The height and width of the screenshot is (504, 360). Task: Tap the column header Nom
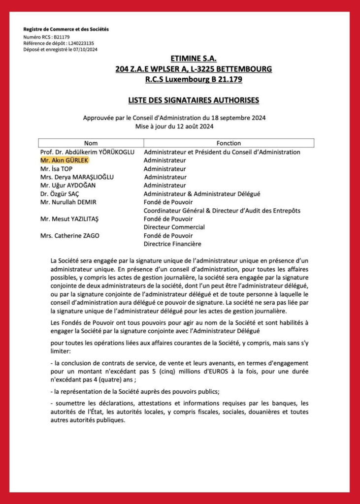91,143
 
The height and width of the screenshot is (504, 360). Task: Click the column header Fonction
228,143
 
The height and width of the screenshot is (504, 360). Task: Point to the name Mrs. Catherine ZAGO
69,236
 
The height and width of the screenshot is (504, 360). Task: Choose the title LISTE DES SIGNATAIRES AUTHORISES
194,100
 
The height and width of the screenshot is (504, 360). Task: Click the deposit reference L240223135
75,43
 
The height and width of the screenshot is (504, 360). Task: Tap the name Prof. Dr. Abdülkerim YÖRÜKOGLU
87,152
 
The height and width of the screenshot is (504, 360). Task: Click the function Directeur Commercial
174,227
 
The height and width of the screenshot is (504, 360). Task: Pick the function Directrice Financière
172,244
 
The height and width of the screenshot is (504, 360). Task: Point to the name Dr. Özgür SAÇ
61,194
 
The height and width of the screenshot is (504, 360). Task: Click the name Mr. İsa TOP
56,169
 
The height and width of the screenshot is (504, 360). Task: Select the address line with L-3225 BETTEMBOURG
194,69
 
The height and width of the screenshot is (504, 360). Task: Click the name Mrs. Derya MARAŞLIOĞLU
79,177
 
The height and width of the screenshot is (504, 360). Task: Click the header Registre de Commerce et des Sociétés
66,30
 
